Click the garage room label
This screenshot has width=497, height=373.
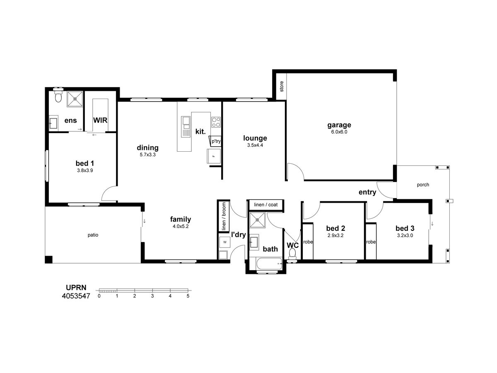(x=339, y=125)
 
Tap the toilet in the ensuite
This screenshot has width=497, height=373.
(x=58, y=96)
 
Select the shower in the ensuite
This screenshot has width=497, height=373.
(x=75, y=99)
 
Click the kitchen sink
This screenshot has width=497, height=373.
(x=186, y=127)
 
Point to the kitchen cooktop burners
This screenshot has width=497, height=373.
(x=216, y=122)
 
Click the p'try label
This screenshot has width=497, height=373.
(x=216, y=141)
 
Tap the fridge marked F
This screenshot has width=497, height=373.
(x=214, y=156)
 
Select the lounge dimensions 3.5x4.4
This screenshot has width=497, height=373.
(x=255, y=145)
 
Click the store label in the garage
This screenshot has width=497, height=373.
(x=282, y=87)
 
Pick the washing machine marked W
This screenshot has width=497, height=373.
(x=224, y=242)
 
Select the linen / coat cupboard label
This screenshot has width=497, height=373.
(x=265, y=205)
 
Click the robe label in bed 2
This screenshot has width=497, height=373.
(x=308, y=242)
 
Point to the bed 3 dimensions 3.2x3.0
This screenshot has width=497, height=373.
(x=405, y=235)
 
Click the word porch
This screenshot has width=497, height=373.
(x=423, y=185)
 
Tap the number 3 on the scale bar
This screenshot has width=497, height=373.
(x=152, y=296)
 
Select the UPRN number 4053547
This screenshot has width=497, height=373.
(x=76, y=296)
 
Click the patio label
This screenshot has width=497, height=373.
(x=93, y=235)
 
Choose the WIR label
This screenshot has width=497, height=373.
(x=100, y=120)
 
